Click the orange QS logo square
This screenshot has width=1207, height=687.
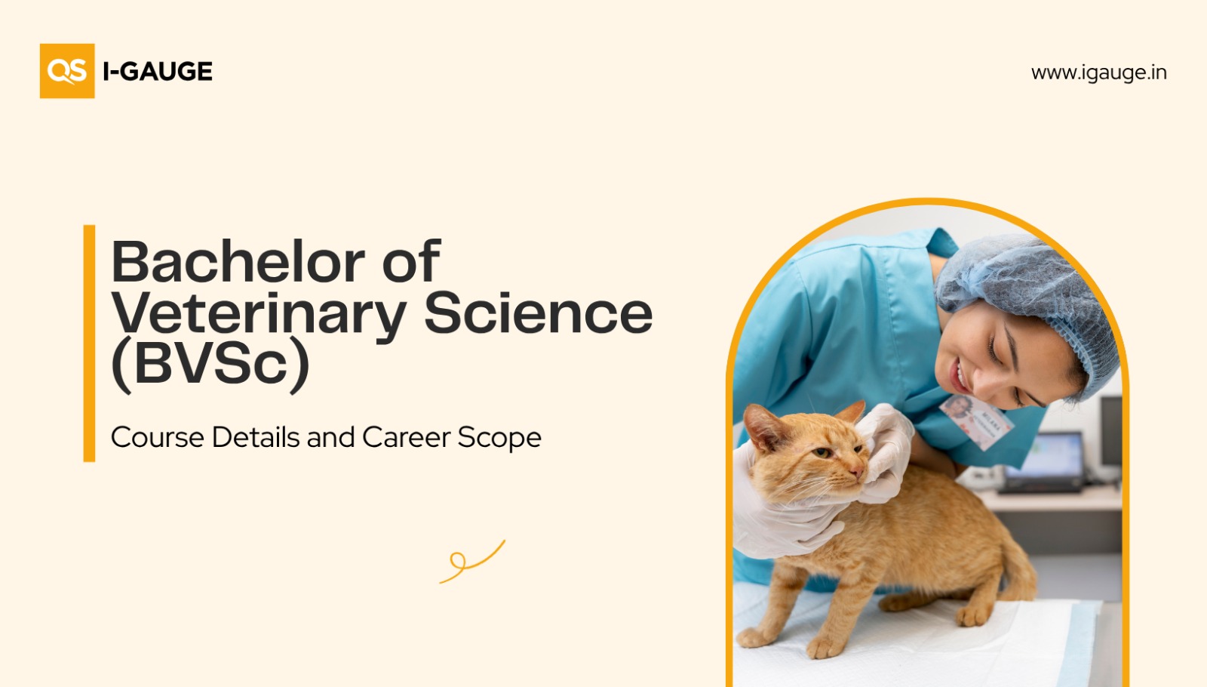click(x=67, y=71)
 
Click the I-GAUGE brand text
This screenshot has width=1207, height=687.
click(x=158, y=71)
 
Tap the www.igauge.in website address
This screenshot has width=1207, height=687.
click(x=1098, y=72)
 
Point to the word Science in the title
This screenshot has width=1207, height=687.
click(x=539, y=313)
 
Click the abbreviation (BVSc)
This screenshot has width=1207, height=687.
click(x=210, y=364)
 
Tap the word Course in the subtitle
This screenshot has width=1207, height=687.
click(x=158, y=437)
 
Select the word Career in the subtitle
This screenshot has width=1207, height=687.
click(x=407, y=437)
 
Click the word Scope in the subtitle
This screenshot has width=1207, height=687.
click(x=499, y=438)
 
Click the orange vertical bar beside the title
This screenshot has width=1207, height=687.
click(x=90, y=343)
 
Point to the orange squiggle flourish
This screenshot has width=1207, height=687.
click(x=472, y=562)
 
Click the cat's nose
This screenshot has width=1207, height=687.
click(x=855, y=473)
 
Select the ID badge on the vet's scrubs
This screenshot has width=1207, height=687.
click(x=976, y=421)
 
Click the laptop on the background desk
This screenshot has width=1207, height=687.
click(x=1043, y=464)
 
